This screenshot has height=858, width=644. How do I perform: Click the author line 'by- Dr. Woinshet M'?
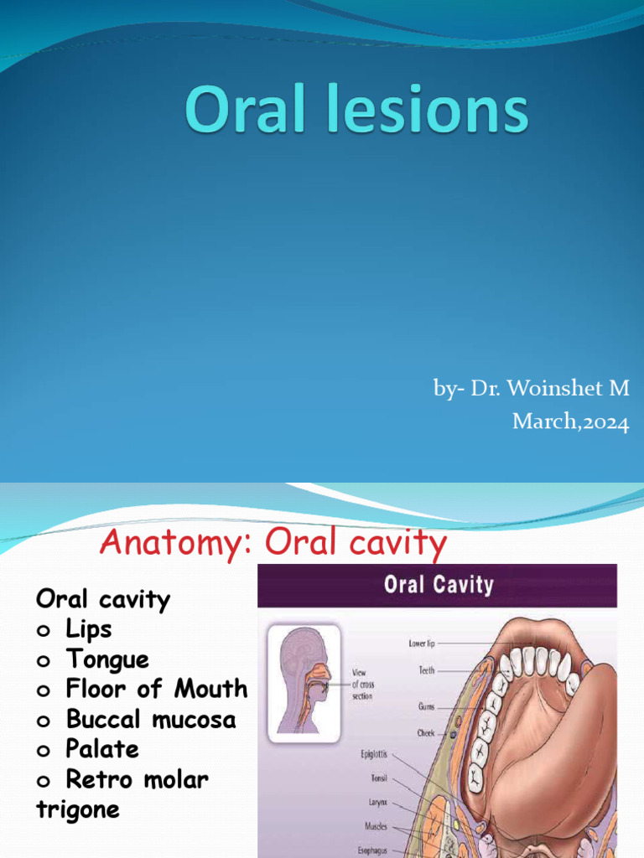(x=531, y=389)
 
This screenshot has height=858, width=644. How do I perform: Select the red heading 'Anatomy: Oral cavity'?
(x=273, y=544)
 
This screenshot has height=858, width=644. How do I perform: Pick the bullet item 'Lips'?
(x=88, y=629)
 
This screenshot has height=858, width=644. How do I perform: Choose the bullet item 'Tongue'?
(x=106, y=659)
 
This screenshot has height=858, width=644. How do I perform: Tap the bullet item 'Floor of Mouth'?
(x=156, y=690)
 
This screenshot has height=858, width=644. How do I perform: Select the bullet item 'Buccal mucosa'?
(x=150, y=720)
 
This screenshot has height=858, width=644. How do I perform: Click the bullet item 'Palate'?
(x=101, y=749)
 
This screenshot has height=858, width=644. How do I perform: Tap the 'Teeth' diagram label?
(x=427, y=670)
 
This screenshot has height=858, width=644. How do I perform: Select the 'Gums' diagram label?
(x=426, y=707)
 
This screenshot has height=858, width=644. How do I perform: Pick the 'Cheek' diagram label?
(x=426, y=733)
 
